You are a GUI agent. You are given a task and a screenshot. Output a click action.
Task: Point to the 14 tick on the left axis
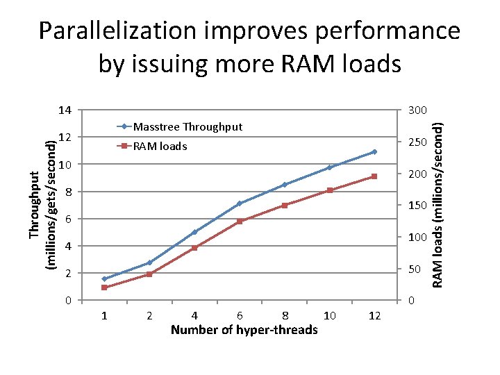[x=65, y=110]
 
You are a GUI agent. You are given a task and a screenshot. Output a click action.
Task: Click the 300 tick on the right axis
[x=417, y=110]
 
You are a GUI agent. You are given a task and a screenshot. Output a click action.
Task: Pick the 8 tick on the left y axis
[x=68, y=192]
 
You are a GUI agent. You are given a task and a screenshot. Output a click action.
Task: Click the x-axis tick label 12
[x=375, y=316]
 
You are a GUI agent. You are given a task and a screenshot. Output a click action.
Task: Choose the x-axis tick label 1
[x=104, y=316]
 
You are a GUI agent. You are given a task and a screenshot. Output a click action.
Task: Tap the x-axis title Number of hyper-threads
[x=244, y=330]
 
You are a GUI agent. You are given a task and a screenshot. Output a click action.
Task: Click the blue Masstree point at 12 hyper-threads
[x=374, y=151]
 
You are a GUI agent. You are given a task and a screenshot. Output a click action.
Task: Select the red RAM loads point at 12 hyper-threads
[x=374, y=176]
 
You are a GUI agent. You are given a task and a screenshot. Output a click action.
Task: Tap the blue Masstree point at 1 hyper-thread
[x=104, y=279]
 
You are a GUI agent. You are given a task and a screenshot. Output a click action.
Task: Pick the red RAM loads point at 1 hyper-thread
[x=104, y=287]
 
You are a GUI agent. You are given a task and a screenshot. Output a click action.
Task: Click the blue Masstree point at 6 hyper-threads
[x=240, y=203]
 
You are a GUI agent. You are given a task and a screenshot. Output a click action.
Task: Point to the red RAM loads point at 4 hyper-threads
[x=194, y=248]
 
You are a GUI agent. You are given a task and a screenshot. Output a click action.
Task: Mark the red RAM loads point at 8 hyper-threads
[x=285, y=206]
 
